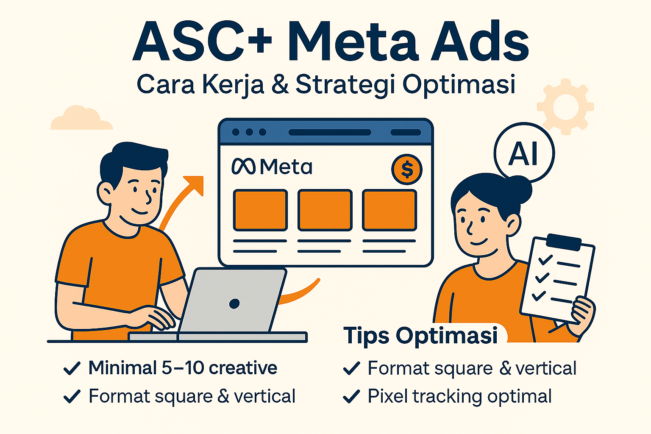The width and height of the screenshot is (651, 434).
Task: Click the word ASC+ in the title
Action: coord(202,41)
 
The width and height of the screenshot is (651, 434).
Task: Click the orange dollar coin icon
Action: coord(406,169)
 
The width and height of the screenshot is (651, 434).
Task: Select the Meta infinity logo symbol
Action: coord(244,166)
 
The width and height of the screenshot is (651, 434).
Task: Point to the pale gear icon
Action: coord(565,107)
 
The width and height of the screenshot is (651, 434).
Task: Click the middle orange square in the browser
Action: coord(325,210)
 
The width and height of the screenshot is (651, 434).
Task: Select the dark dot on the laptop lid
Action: coord(234,303)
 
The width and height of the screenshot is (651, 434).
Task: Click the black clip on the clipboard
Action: coord(564,242)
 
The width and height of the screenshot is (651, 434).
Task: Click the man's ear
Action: coord(105,193)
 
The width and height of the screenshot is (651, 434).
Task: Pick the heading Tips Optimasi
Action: coord(420,336)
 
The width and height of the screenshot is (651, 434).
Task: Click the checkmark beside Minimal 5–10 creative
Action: coord(72,368)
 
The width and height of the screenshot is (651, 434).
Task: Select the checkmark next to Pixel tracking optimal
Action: coord(351,397)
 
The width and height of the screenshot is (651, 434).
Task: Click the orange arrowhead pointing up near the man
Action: coord(194,184)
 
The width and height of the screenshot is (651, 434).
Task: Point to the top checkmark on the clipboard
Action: coord(545,259)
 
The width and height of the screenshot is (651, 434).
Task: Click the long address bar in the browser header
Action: coord(330,132)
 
